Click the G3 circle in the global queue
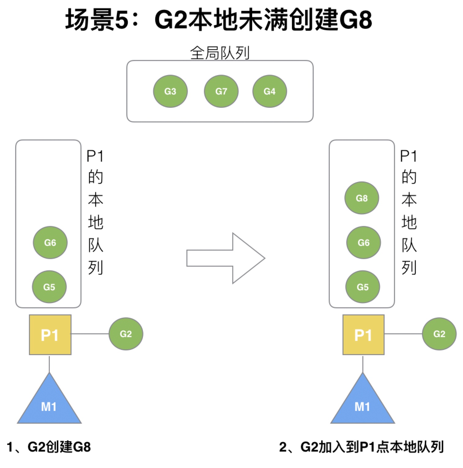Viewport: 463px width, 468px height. pyautogui.click(x=170, y=91)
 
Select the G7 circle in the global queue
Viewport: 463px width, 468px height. pyautogui.click(x=221, y=91)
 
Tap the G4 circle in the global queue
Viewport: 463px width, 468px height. pyautogui.click(x=269, y=91)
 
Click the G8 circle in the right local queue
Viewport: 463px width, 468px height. pyautogui.click(x=362, y=198)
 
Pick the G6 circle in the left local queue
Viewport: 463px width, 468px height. pyautogui.click(x=50, y=243)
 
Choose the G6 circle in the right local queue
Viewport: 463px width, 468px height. pyautogui.click(x=363, y=243)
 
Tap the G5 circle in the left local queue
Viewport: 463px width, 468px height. pyautogui.click(x=49, y=287)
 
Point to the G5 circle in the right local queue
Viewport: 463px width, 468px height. pyautogui.click(x=363, y=287)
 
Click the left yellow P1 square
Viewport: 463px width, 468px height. pyautogui.click(x=50, y=335)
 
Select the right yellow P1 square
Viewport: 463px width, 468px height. pyautogui.click(x=363, y=335)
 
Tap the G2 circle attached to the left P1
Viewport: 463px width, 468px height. pyautogui.click(x=126, y=334)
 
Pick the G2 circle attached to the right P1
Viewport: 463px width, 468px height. pyautogui.click(x=439, y=334)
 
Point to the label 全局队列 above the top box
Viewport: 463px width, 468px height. pyautogui.click(x=220, y=53)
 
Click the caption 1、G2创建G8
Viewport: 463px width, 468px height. pyautogui.click(x=49, y=447)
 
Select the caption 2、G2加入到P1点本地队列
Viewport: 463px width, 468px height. pyautogui.click(x=361, y=447)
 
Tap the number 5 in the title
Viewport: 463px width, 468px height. pyautogui.click(x=121, y=20)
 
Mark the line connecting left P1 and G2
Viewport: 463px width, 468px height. pyautogui.click(x=90, y=334)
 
